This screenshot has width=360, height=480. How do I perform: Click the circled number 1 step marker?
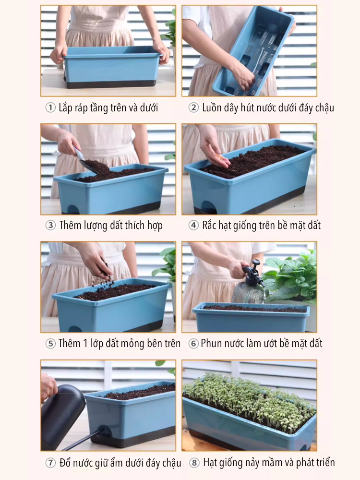[x=50, y=108]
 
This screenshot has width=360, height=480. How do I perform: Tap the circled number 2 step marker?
[x=193, y=108]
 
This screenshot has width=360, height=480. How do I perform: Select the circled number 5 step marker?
[x=50, y=344]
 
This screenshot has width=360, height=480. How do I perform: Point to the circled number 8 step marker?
[x=194, y=463]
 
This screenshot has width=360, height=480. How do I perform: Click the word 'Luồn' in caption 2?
[x=212, y=108]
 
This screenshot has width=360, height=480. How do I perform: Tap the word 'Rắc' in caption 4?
[x=209, y=225]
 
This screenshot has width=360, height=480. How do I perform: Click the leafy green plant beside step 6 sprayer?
[x=291, y=277]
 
